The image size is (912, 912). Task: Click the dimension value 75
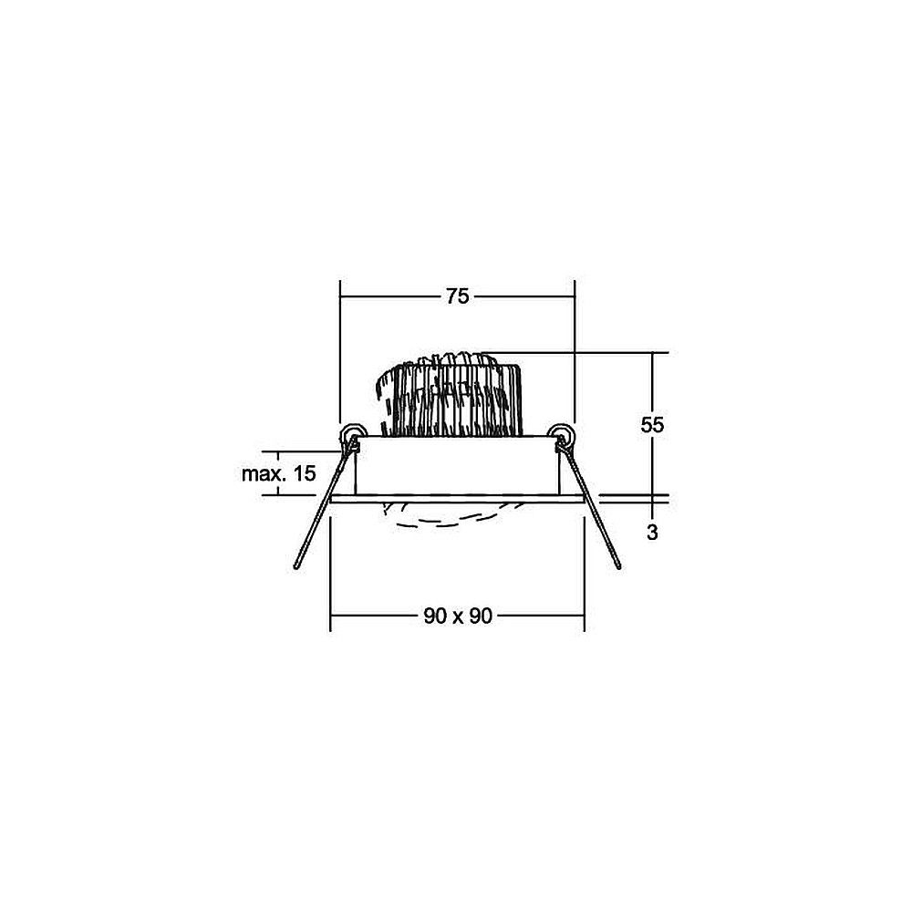pyautogui.click(x=457, y=296)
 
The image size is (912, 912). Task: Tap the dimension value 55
pyautogui.click(x=652, y=425)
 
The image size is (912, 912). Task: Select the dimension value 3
pyautogui.click(x=652, y=533)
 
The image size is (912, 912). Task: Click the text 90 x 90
pyautogui.click(x=458, y=616)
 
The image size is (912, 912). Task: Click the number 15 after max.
pyautogui.click(x=305, y=473)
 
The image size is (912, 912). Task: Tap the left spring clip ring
pyautogui.click(x=352, y=433)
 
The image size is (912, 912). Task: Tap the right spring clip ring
pyautogui.click(x=562, y=433)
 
